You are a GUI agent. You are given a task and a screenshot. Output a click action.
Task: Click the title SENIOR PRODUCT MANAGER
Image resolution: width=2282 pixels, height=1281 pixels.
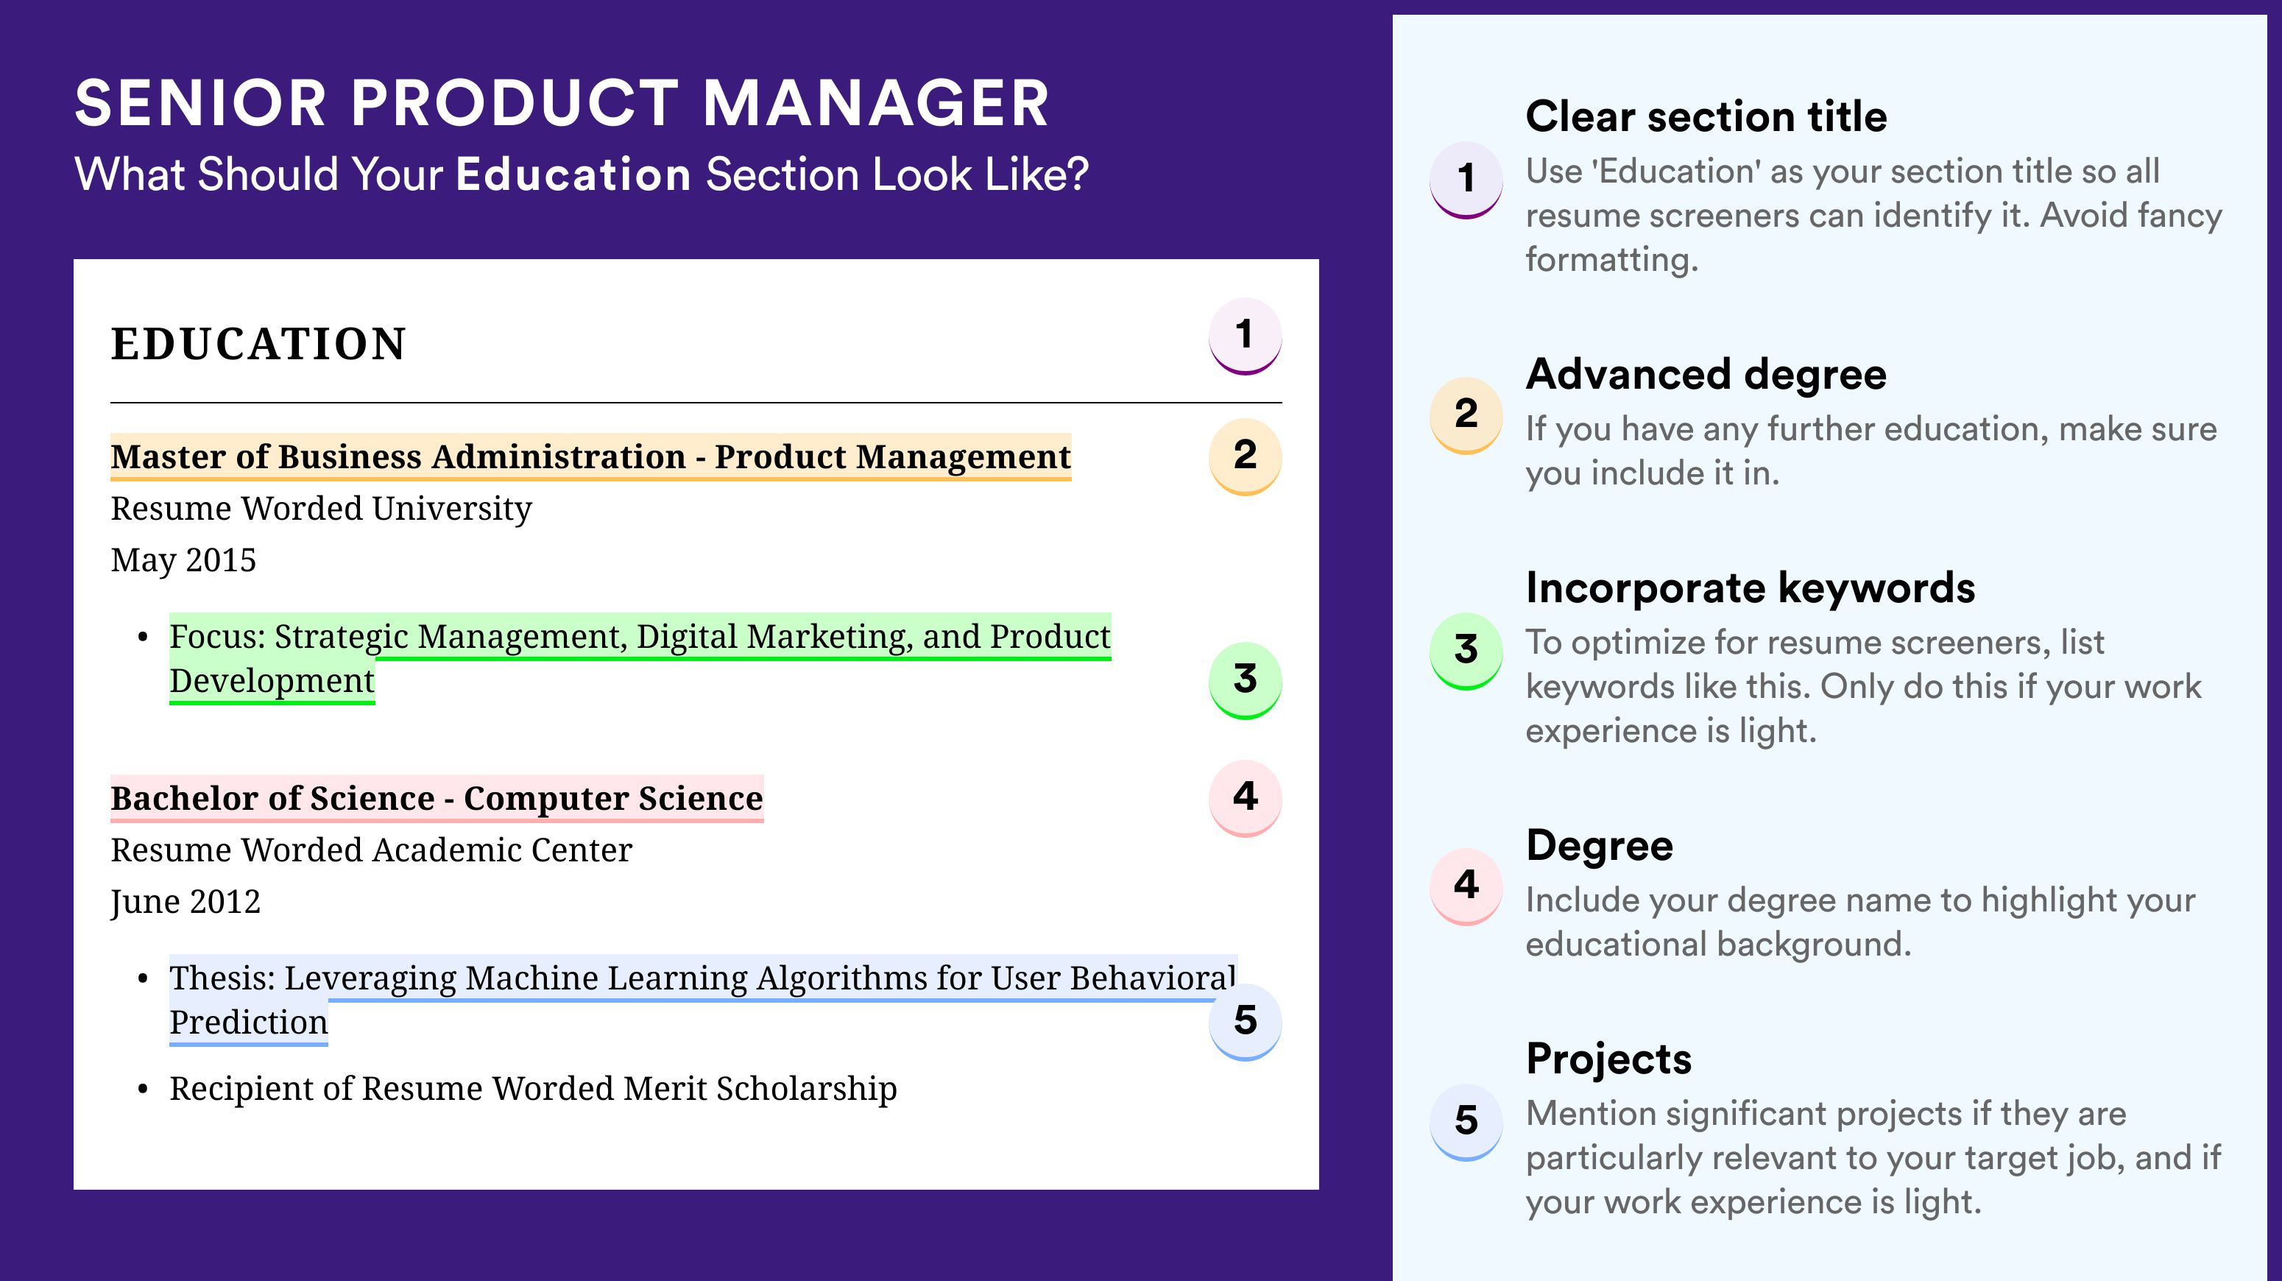pos(562,104)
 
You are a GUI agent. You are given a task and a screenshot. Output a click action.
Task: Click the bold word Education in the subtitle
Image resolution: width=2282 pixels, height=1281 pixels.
pos(573,174)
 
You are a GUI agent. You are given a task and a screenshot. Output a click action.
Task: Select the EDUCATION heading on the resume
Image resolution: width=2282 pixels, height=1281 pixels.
pos(258,344)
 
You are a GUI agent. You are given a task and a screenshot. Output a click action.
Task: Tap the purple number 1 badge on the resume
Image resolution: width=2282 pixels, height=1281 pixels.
pos(1245,336)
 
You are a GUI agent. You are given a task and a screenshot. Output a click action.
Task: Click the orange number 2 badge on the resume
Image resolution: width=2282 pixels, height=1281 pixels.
pos(1245,456)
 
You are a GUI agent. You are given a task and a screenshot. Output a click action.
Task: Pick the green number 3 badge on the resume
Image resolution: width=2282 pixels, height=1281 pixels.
pos(1245,680)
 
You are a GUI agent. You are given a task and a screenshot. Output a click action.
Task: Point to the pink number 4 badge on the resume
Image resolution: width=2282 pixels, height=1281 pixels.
pos(1245,798)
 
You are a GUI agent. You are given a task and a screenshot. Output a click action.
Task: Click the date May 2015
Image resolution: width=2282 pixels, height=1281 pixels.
pos(183,561)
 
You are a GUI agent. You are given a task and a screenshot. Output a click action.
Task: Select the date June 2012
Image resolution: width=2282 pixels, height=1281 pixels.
pos(186,902)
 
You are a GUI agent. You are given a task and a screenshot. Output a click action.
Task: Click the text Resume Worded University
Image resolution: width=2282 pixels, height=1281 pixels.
pos(321,509)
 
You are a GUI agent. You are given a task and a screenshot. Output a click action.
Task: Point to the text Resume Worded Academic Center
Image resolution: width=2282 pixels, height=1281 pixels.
pos(371,850)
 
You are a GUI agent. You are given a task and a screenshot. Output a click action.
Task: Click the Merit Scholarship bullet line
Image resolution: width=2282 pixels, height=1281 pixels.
pos(532,1089)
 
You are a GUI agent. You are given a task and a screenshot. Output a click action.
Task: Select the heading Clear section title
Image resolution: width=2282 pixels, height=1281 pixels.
pos(1706,116)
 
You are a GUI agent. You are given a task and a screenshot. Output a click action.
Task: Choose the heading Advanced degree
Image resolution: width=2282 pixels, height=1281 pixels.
pos(1706,375)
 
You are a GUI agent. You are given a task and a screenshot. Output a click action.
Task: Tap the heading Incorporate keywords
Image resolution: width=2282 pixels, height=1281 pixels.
pos(1751,588)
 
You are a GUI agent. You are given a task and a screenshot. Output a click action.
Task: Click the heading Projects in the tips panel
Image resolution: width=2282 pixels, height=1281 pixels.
pos(1608,1059)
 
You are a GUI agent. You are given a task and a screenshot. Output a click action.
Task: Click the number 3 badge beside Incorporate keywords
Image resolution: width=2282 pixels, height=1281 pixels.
pos(1466,651)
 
